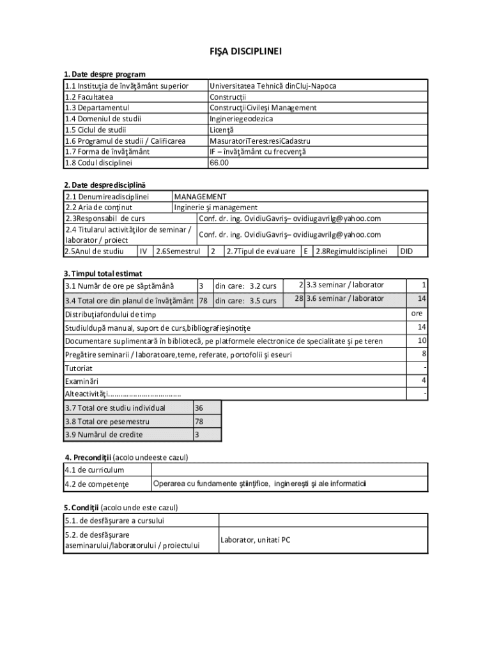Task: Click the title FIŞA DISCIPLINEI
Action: tap(246, 51)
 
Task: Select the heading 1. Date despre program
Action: tap(105, 75)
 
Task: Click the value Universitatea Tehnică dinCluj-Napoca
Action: tap(273, 86)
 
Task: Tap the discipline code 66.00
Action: tap(219, 162)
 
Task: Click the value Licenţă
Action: tap(223, 130)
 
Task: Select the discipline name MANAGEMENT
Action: tap(201, 197)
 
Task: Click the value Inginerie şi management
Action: tap(216, 207)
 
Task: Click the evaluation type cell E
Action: tap(307, 251)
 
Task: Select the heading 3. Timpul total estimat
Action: tap(102, 273)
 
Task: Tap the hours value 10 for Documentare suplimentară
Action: tap(422, 340)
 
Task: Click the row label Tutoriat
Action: tap(79, 368)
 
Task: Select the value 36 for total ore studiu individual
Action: tap(199, 408)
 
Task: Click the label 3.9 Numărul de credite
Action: tap(104, 435)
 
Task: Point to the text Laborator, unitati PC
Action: tap(256, 540)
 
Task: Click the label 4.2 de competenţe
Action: tap(96, 484)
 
